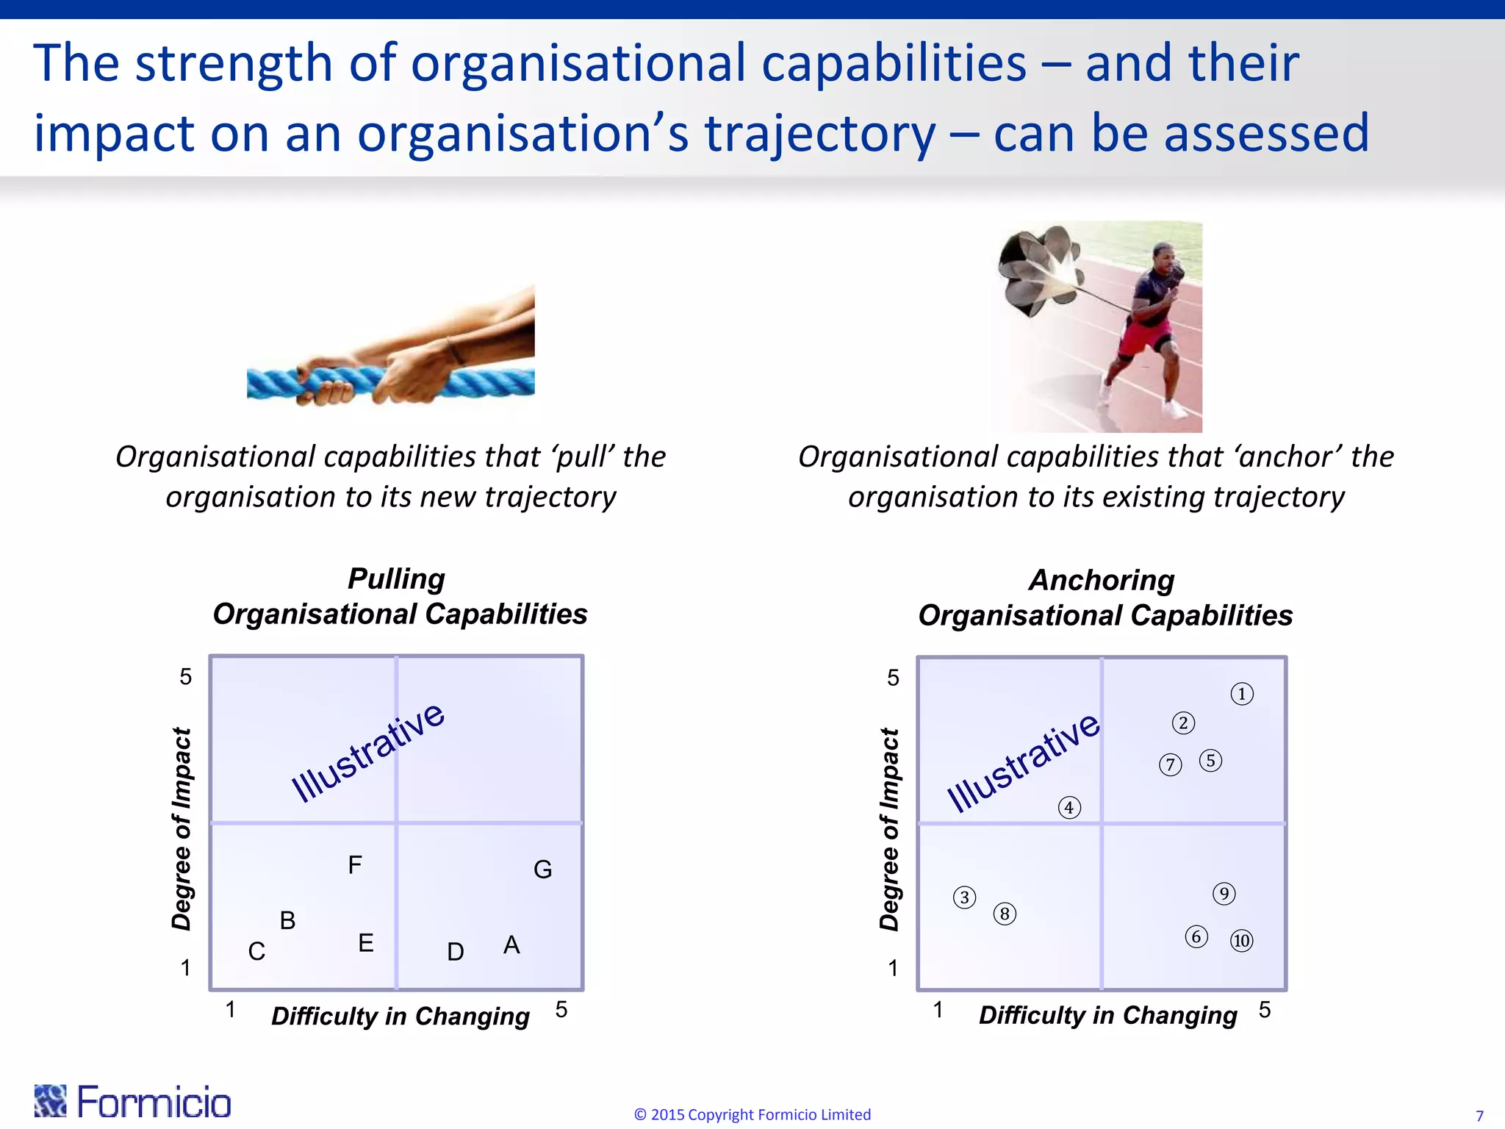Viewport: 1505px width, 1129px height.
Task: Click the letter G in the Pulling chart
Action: pos(542,870)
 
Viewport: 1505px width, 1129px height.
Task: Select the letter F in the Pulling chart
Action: pos(355,865)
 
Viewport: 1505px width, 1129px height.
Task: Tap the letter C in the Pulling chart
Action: pos(256,952)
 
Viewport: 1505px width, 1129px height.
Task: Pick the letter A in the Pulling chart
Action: pos(511,945)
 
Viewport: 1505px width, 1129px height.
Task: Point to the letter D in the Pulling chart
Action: pos(456,953)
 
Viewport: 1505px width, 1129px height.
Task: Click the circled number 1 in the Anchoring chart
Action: pos(1242,694)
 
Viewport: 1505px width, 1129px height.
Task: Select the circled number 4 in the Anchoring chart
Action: pos(1069,808)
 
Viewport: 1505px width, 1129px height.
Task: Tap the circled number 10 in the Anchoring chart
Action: pos(1242,941)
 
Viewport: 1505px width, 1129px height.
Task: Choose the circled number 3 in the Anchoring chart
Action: pos(965,897)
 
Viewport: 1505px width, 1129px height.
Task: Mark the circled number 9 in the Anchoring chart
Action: pos(1224,894)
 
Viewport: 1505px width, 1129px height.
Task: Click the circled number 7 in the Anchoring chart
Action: pos(1171,765)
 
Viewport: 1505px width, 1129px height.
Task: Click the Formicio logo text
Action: pos(154,1103)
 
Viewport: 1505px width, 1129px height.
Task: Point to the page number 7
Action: pos(1479,1116)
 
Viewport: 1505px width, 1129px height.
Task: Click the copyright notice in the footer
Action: pos(752,1114)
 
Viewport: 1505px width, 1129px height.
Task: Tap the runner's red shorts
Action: pos(1144,338)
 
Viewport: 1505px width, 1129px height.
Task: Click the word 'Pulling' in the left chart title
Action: pos(396,579)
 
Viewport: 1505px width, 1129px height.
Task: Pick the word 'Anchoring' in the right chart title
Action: pos(1102,581)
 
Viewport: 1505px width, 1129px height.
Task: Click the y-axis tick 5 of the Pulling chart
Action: pos(186,677)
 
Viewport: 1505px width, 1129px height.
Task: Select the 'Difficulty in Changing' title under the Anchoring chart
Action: pos(1107,1015)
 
